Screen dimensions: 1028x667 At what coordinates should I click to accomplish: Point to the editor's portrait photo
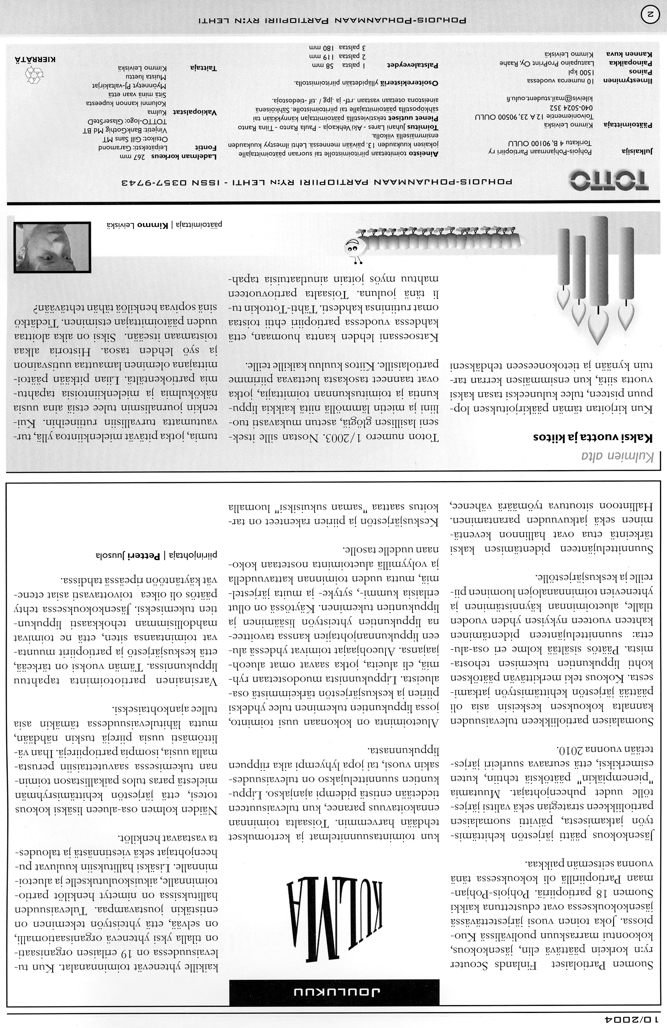coord(52,247)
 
